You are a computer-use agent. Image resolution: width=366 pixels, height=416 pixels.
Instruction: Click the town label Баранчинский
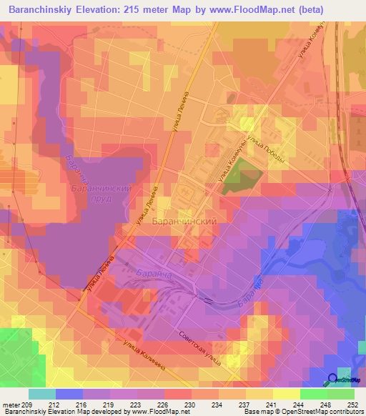pyautogui.click(x=184, y=222)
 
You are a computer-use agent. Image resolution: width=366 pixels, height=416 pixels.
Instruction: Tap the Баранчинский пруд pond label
pyautogui.click(x=102, y=194)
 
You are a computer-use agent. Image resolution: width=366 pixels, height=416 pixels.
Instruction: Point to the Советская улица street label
pyautogui.click(x=198, y=346)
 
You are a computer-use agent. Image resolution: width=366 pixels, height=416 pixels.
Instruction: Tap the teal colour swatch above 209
pyautogui.click(x=41, y=394)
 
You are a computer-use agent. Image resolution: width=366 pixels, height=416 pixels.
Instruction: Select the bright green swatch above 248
pyautogui.click(x=313, y=394)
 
